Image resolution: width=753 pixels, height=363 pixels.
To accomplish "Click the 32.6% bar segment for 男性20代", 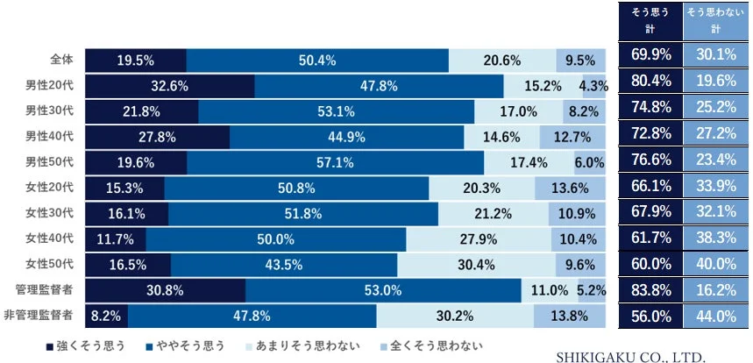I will (169, 86).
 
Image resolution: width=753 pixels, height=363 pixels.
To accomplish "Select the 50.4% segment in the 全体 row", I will (317, 60).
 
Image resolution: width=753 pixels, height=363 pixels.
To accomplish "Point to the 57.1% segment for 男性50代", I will (335, 162).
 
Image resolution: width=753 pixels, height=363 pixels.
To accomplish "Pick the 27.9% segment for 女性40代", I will (478, 238).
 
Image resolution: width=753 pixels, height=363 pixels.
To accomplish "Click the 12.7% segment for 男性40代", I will (572, 137).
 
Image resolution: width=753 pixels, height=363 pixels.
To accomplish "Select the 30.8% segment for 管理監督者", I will (165, 289).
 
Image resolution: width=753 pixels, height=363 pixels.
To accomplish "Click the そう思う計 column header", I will (650, 20).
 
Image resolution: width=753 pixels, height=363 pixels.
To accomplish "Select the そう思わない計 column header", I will (715, 20).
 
